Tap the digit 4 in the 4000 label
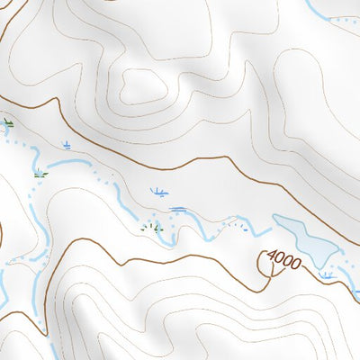(271, 255)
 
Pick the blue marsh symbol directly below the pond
(326, 274)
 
